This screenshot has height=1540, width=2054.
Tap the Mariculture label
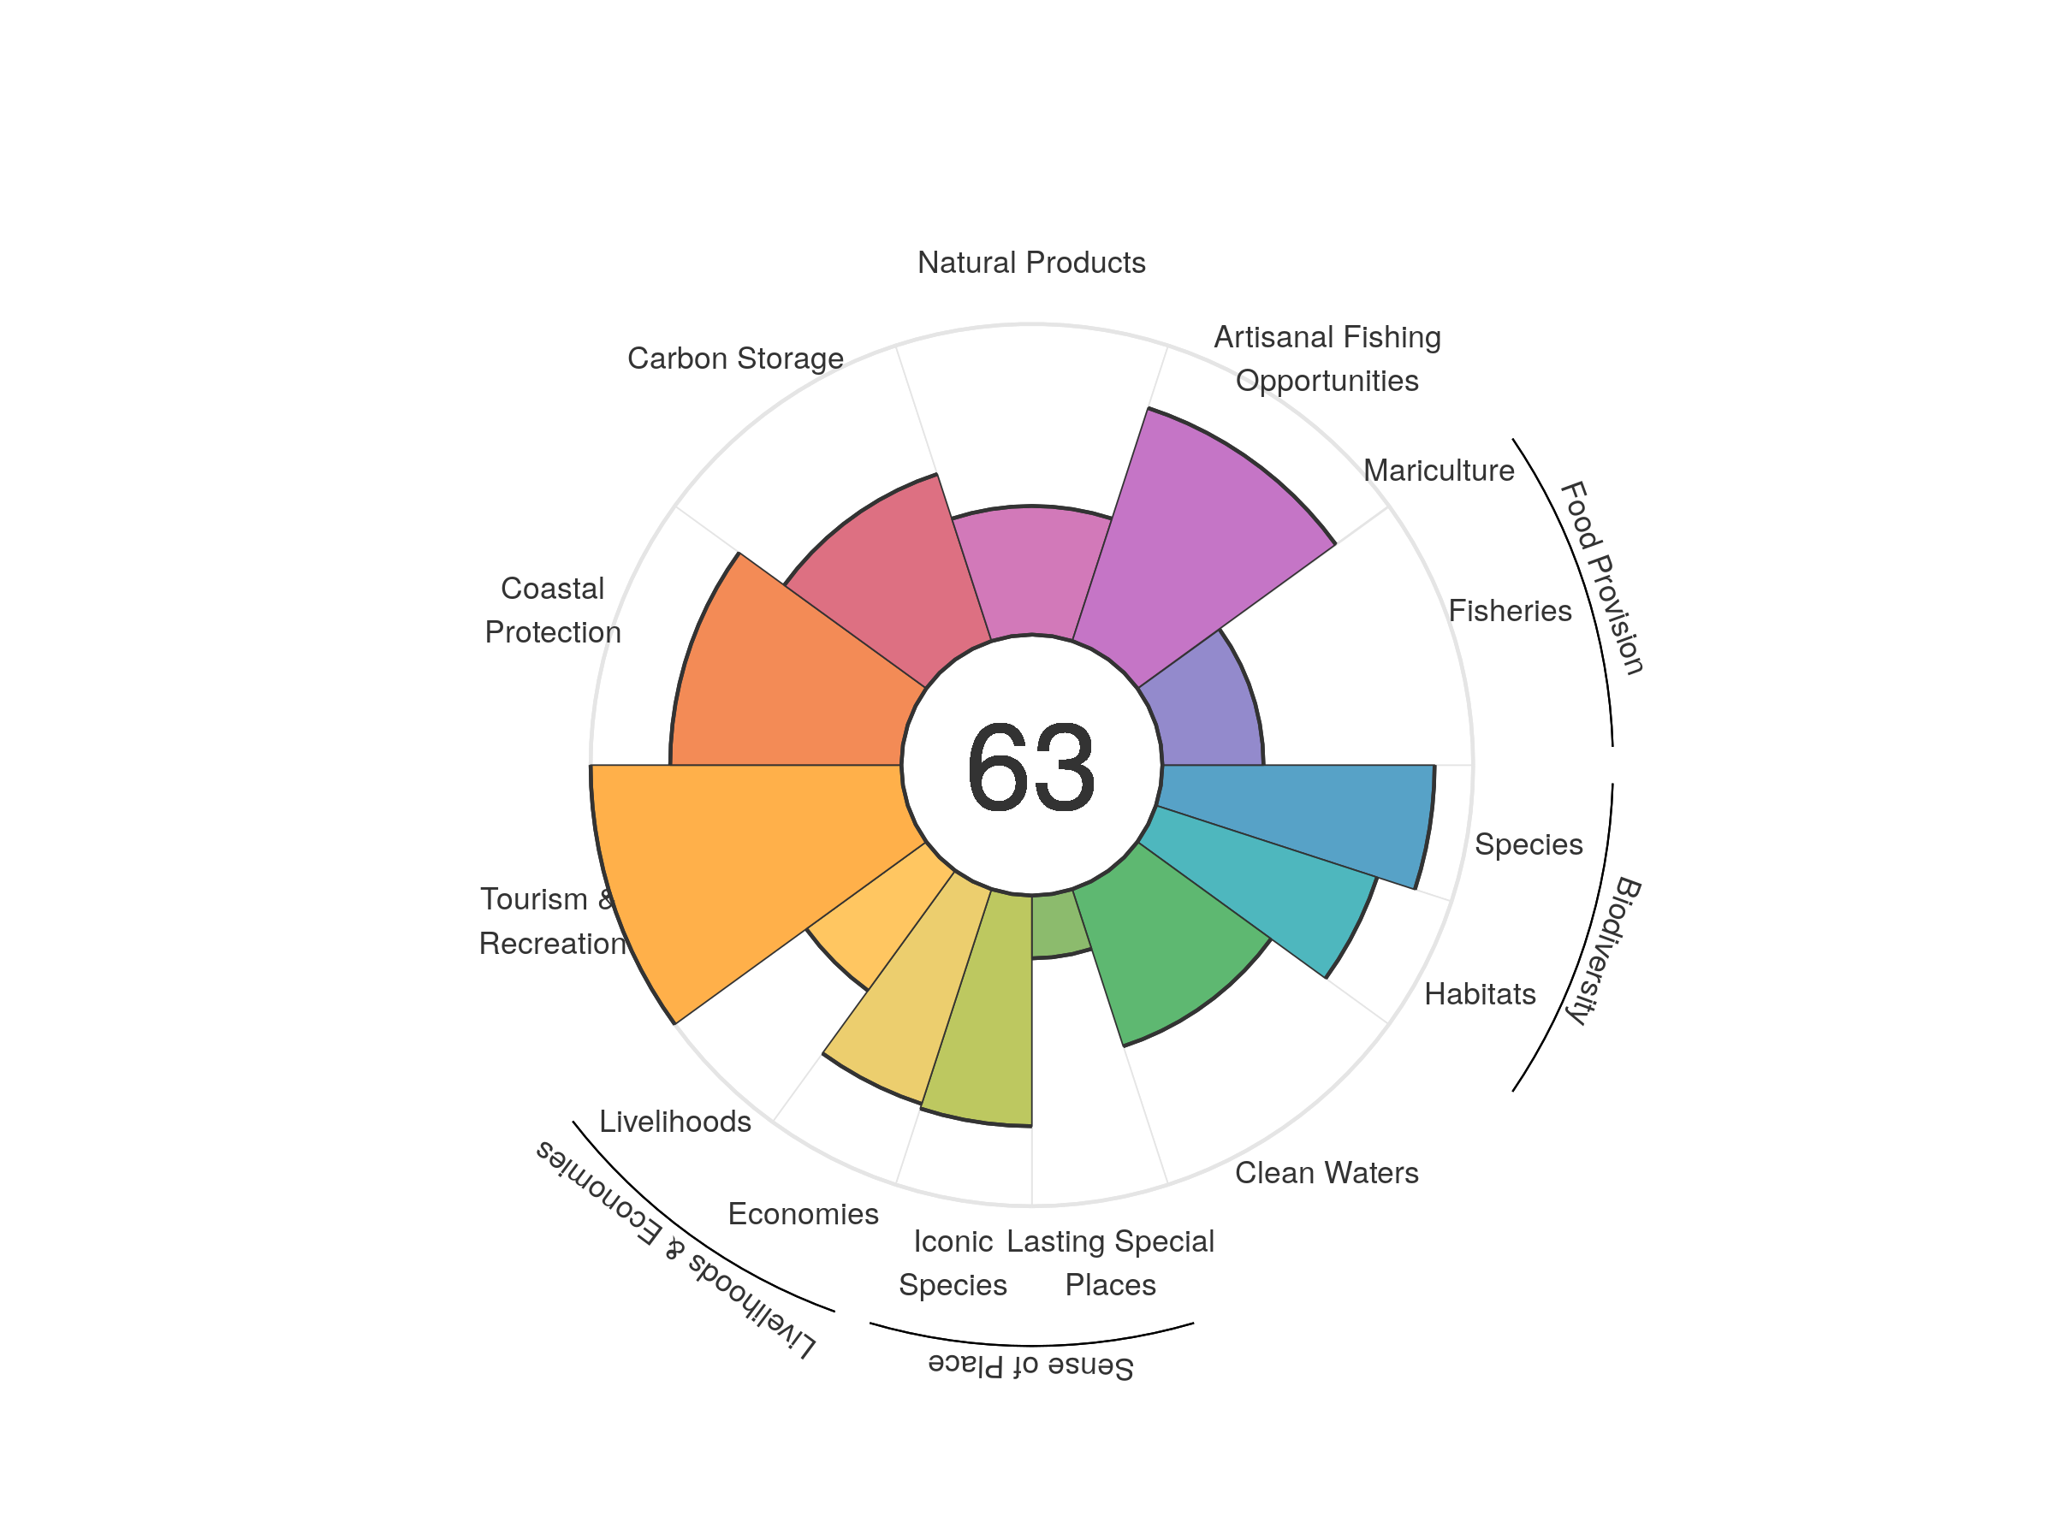coord(1439,471)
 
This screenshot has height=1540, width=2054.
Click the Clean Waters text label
coord(1326,1173)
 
